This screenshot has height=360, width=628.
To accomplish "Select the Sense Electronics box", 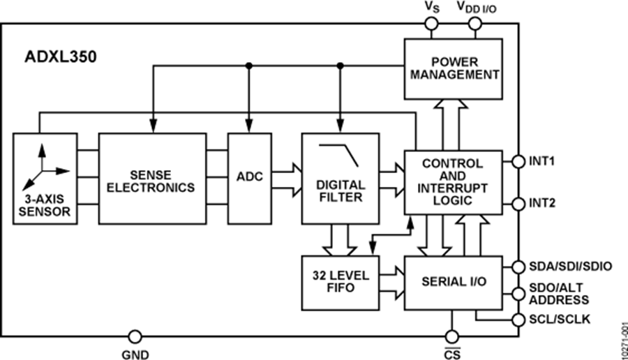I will coord(152,177).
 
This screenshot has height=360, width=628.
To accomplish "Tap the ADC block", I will coord(248,177).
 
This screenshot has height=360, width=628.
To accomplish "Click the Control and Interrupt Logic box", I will coord(453,182).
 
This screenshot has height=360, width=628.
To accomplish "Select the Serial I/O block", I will coord(453,282).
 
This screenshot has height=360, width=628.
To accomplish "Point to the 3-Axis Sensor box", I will coord(43,177).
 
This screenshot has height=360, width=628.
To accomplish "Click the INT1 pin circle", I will coord(518,161).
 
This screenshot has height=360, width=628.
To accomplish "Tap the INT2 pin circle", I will coord(518,204).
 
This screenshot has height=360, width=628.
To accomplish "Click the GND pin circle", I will coord(135,336).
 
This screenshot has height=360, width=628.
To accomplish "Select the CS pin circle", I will coord(451,336).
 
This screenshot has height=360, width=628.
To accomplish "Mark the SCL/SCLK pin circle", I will coord(518,320).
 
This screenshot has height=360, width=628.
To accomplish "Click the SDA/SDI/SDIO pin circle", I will coord(518,267).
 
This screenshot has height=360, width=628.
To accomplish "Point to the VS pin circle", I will coord(432,24).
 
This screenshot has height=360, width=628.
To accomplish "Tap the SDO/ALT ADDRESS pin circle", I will coord(518,293).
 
